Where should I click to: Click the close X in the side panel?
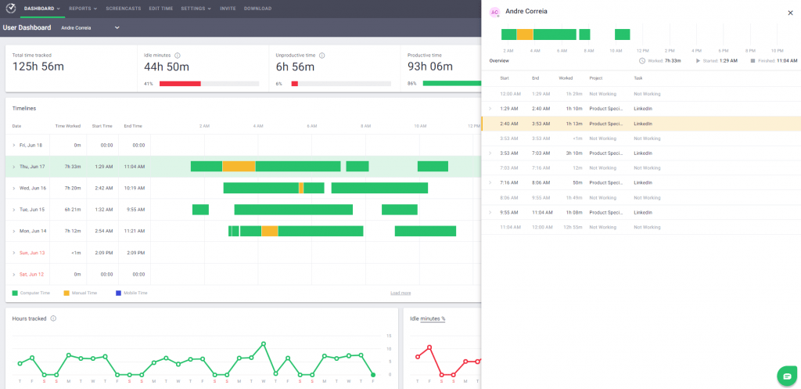(x=789, y=13)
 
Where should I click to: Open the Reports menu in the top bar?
(x=82, y=9)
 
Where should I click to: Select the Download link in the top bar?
(x=257, y=9)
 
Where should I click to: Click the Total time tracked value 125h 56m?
(x=38, y=67)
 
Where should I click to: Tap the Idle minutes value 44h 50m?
(x=167, y=67)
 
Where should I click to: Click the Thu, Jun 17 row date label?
(x=32, y=167)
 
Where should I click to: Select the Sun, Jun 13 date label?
(x=32, y=253)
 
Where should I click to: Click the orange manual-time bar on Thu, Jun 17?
(x=239, y=167)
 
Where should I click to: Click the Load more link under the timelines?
(x=400, y=293)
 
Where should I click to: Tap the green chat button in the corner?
(x=786, y=376)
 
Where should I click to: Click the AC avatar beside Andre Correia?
(x=494, y=13)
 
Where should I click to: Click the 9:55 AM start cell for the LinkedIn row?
(x=509, y=212)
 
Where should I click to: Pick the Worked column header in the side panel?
(x=566, y=78)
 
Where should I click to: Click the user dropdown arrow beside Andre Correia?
(x=117, y=27)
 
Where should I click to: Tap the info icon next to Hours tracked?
(x=53, y=319)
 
